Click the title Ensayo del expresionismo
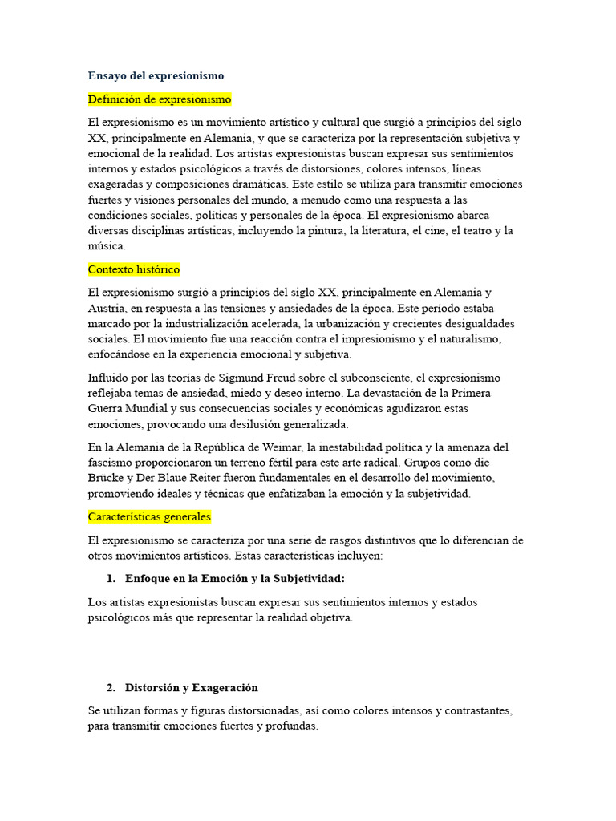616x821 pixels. [156, 75]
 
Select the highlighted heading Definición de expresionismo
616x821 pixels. [160, 99]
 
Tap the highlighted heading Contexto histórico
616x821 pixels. [133, 269]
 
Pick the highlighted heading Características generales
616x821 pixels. [149, 516]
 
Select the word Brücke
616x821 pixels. [107, 478]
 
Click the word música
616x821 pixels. [107, 246]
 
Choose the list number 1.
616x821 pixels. [110, 578]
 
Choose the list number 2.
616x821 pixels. [110, 687]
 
